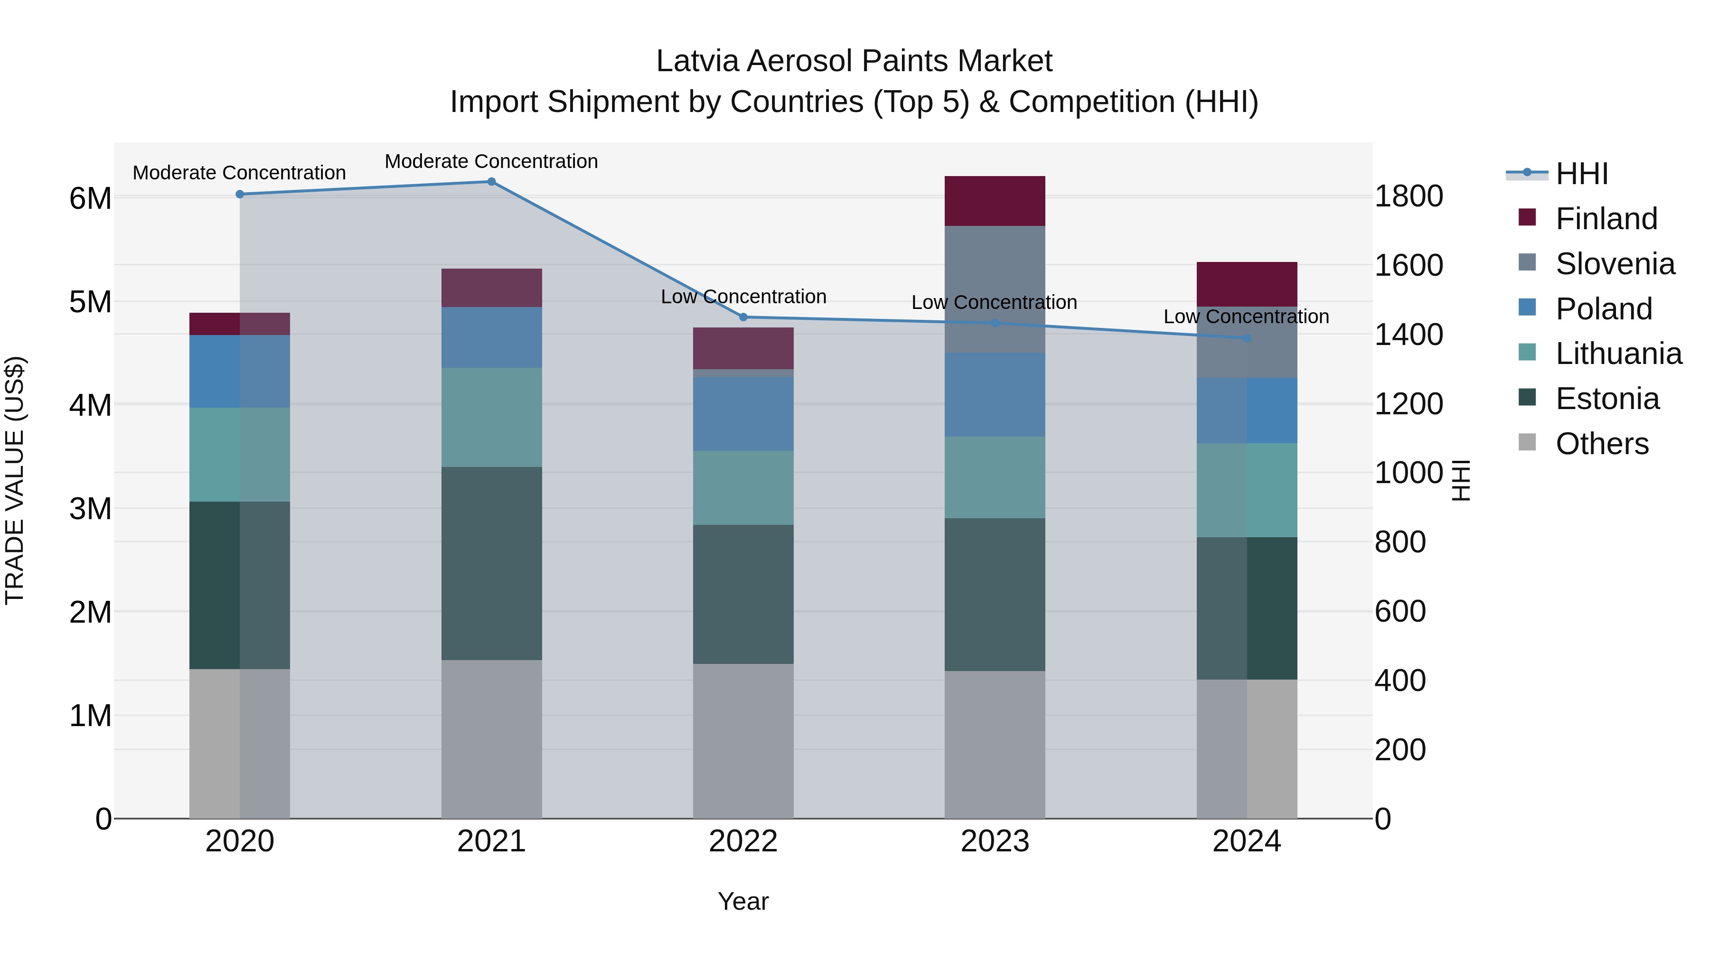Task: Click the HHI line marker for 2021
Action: point(492,182)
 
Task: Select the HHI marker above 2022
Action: point(743,317)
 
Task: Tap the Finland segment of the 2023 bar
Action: point(995,201)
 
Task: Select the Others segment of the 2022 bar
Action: point(743,741)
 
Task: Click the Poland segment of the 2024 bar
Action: point(1247,411)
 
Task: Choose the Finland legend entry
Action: point(1606,219)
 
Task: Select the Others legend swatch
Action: point(1527,442)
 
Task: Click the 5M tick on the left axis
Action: point(90,302)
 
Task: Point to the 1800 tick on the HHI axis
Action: point(1408,196)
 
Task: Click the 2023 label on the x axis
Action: point(995,841)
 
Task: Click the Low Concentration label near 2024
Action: point(1246,317)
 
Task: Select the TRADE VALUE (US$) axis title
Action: point(15,480)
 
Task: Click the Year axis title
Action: point(743,901)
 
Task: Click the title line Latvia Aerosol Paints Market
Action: point(854,61)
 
